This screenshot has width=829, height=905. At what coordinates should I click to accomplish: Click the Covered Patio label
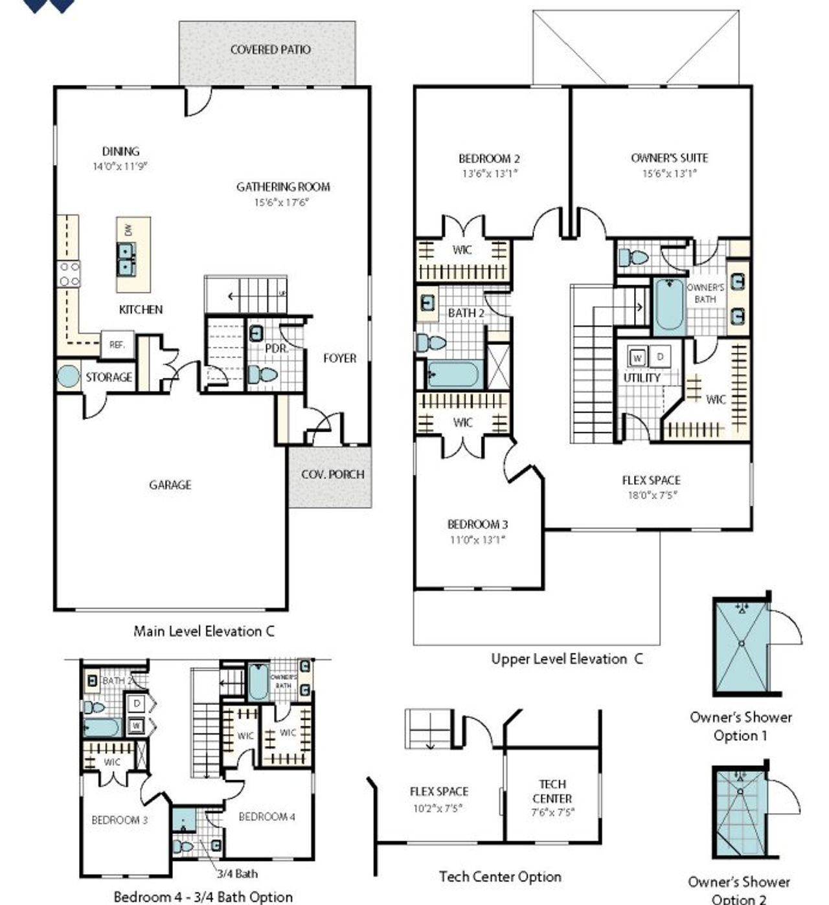click(270, 49)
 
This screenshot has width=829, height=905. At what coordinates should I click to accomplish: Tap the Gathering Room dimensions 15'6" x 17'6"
click(282, 203)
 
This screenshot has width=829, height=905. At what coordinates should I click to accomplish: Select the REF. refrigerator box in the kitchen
click(117, 345)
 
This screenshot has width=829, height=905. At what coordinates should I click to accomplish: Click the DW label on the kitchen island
click(128, 229)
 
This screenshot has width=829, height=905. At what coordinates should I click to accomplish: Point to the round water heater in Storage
click(68, 377)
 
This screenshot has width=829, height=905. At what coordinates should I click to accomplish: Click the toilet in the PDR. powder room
click(263, 374)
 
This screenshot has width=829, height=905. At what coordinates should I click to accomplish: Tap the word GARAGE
click(170, 485)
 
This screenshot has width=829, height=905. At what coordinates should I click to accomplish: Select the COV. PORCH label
click(332, 475)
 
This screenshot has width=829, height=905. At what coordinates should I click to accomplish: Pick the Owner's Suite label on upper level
click(669, 158)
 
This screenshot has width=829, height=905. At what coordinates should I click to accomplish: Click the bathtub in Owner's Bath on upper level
click(669, 306)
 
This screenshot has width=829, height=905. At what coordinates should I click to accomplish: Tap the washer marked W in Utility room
click(638, 357)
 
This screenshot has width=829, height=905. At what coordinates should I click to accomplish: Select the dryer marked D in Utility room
click(660, 356)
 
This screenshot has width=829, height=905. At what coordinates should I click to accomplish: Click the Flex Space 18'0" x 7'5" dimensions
click(651, 495)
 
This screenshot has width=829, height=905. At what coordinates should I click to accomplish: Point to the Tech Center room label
click(552, 791)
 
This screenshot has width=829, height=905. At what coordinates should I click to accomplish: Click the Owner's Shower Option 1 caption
click(740, 726)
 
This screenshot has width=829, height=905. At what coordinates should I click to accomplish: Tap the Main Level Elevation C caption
click(204, 631)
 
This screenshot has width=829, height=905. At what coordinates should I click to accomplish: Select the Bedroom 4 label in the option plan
click(267, 817)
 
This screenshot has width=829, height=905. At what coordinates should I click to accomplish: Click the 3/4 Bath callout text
click(237, 874)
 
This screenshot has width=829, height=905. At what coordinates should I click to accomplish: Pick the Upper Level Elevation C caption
click(567, 659)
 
